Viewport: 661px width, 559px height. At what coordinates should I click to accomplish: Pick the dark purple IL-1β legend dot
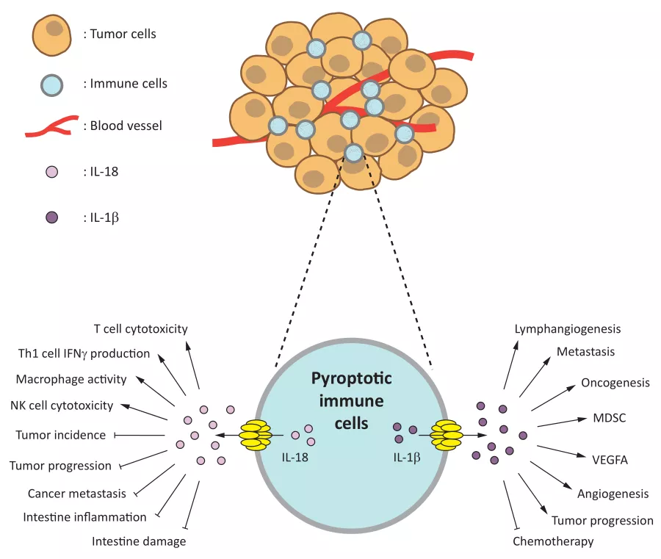(51, 217)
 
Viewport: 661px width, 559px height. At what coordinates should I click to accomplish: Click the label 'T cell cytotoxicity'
(140, 328)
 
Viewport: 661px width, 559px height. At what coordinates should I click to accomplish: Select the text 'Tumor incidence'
(60, 435)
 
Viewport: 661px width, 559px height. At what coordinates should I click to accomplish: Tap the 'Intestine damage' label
(139, 541)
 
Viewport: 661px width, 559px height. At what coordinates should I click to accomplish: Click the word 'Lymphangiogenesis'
(568, 329)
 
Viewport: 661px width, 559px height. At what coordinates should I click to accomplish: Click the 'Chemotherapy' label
(553, 541)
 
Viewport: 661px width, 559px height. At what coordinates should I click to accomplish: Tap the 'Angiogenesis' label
(613, 494)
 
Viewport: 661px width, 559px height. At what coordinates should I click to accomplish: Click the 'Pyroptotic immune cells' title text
(351, 401)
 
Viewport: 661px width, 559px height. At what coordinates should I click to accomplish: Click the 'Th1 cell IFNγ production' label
(84, 353)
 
